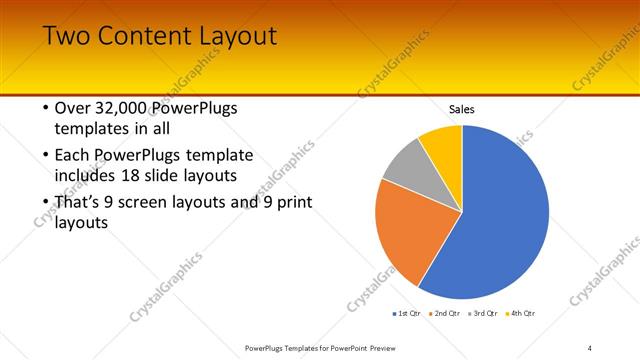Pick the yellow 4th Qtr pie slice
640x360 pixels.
443,145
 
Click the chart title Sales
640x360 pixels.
461,109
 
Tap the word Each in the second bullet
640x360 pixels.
72,156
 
